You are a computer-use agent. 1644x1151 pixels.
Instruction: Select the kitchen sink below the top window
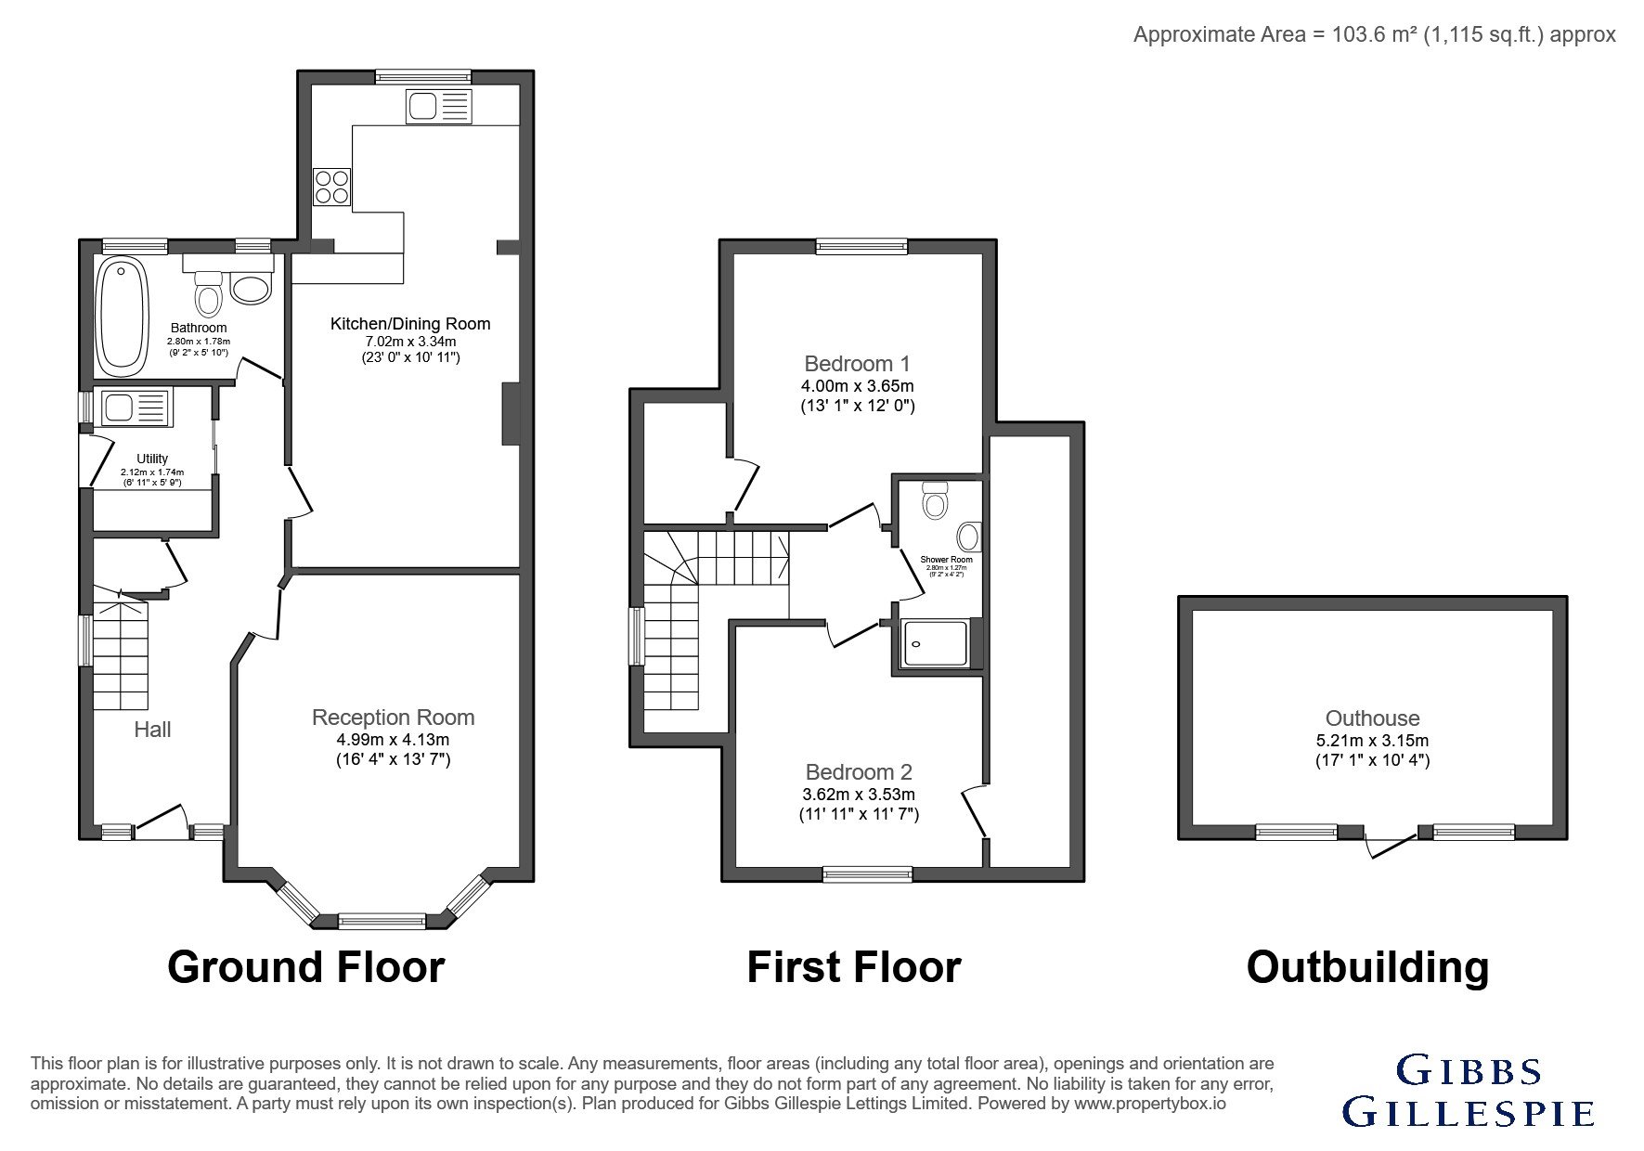point(438,106)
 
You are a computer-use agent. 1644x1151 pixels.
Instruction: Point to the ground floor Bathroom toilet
point(209,293)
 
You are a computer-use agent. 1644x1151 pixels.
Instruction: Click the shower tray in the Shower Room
point(935,643)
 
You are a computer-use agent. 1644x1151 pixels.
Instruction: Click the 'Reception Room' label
point(393,718)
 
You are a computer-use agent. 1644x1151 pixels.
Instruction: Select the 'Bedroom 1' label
point(857,363)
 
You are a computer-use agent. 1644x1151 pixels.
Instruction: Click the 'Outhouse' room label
point(1372,718)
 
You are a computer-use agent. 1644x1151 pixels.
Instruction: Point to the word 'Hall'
point(152,730)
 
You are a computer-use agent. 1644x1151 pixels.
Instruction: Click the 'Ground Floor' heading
point(305,966)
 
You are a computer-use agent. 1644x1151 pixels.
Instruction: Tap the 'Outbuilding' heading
point(1367,966)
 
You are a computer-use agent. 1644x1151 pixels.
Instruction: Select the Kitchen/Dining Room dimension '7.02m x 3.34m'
point(410,342)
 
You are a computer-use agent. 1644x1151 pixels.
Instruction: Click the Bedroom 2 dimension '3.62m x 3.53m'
point(859,795)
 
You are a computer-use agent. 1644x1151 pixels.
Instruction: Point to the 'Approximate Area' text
point(1375,35)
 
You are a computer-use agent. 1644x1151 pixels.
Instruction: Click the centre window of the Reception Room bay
point(382,921)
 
